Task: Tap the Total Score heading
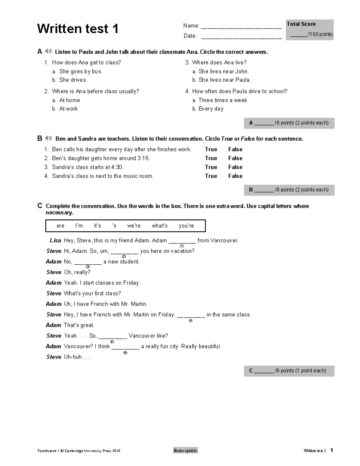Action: click(301, 24)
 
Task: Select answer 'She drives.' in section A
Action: click(73, 80)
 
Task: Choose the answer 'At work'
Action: click(68, 109)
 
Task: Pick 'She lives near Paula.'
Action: click(225, 80)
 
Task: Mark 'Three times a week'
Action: click(223, 100)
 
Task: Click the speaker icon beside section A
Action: click(48, 52)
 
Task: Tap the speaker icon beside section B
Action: click(48, 138)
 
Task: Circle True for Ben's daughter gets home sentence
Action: click(211, 158)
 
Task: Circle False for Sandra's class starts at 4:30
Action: click(235, 167)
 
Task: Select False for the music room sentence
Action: click(235, 176)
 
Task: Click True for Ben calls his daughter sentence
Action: click(211, 149)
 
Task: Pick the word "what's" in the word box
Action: click(160, 226)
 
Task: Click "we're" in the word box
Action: click(134, 226)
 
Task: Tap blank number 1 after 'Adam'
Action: click(182, 241)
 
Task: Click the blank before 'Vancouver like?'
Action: click(113, 336)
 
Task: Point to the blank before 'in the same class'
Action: click(191, 315)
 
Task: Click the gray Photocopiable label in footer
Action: click(185, 450)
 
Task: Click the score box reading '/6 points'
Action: click(289, 371)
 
